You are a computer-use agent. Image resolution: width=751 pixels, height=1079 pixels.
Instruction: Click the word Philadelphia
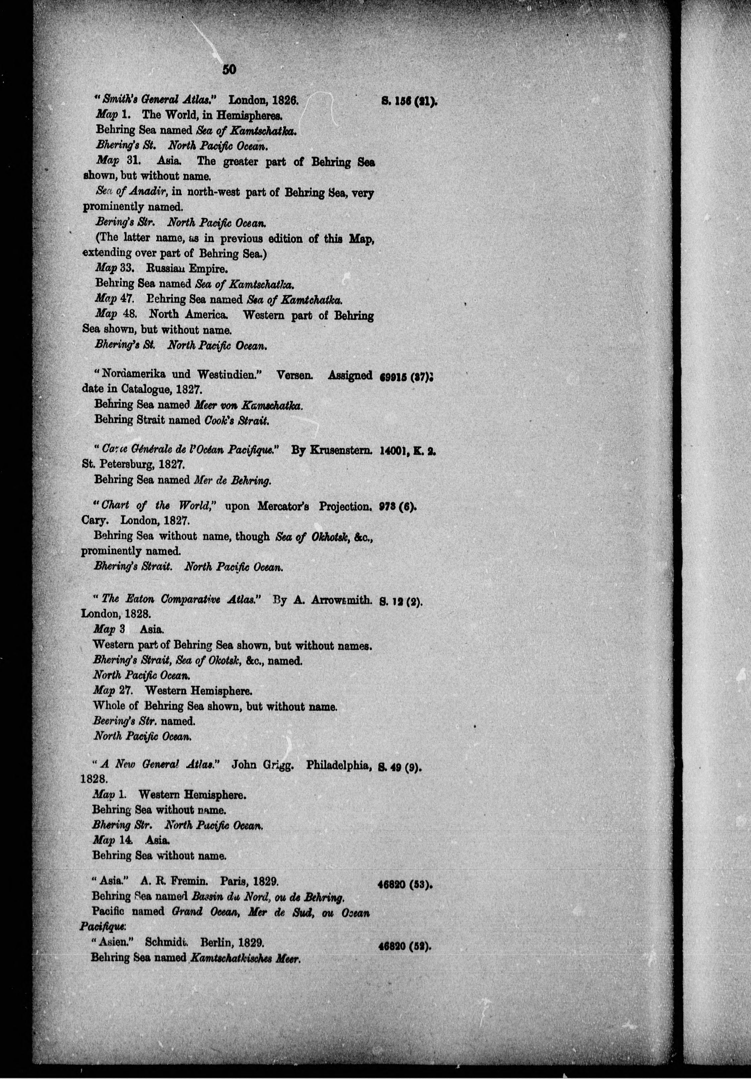pyautogui.click(x=340, y=765)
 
